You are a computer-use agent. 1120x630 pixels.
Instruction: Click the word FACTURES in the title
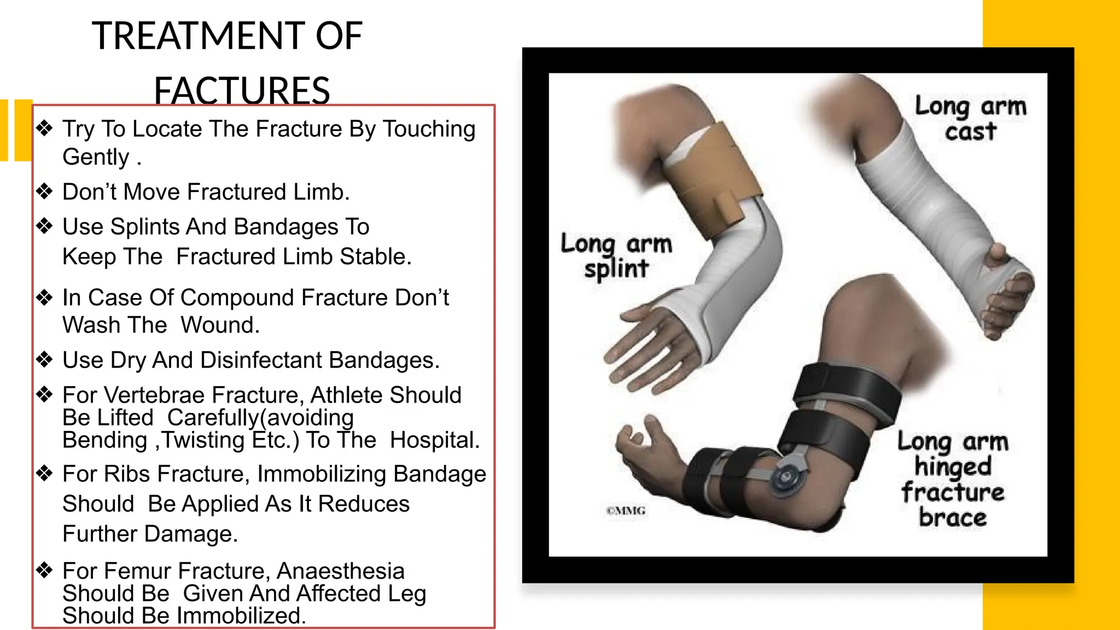pyautogui.click(x=242, y=90)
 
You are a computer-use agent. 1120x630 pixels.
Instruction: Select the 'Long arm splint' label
pyautogui.click(x=616, y=256)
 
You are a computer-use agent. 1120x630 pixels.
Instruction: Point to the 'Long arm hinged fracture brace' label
pyautogui.click(x=953, y=479)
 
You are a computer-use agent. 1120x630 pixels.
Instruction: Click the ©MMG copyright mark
pyautogui.click(x=626, y=511)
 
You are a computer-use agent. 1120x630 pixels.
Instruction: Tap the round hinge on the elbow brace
pyautogui.click(x=786, y=476)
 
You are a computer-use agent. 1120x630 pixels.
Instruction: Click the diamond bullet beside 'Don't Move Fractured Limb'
pyautogui.click(x=44, y=191)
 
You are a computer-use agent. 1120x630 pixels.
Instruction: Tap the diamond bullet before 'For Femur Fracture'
pyautogui.click(x=44, y=570)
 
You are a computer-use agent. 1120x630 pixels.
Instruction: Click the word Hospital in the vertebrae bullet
pyautogui.click(x=434, y=440)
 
